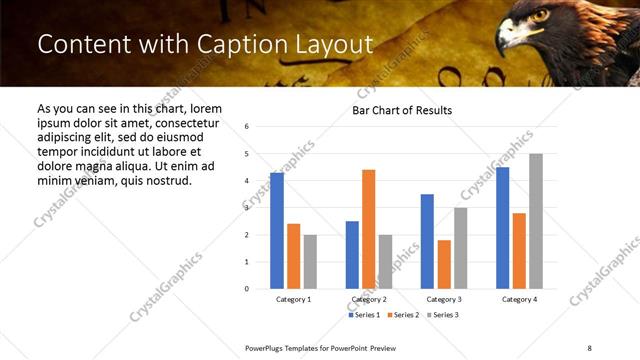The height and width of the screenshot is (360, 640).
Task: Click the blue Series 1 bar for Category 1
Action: coord(277,230)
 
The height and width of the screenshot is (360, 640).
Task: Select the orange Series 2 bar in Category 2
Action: coord(368,229)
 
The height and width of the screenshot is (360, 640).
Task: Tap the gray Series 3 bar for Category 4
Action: coord(536,221)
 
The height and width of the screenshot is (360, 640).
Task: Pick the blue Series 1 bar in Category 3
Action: coord(427,241)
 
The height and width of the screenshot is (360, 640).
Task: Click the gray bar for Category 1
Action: coord(310,261)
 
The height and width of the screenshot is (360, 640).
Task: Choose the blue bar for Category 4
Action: coord(502,227)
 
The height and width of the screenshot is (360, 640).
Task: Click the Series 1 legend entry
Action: coord(365,315)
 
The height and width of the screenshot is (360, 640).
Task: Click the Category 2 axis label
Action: coord(368,299)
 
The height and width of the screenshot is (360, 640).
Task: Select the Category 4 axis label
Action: coord(519,299)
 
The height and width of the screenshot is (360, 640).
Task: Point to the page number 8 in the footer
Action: coord(589,347)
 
